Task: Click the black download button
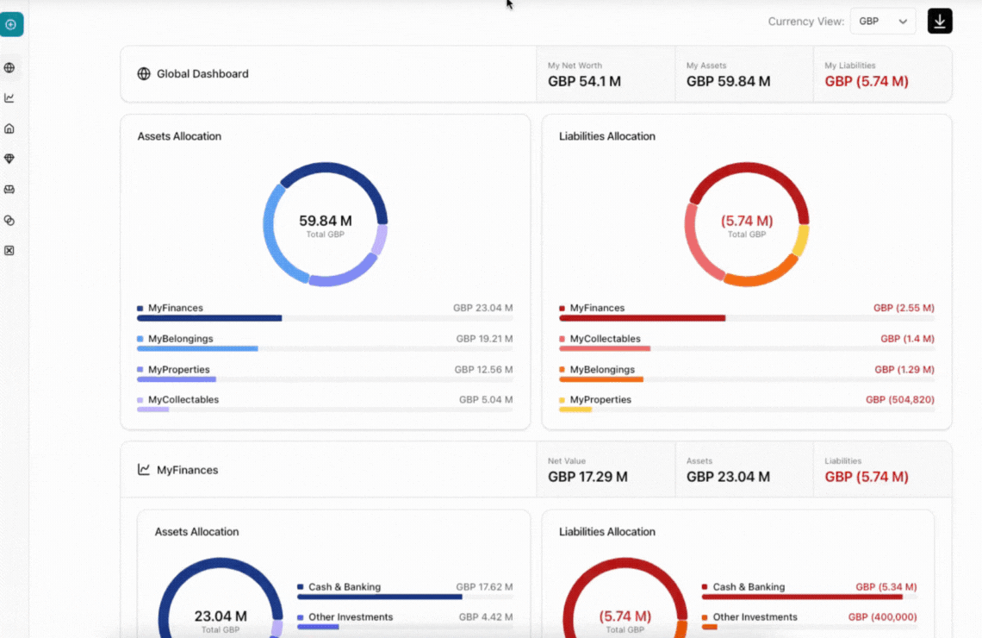tap(940, 21)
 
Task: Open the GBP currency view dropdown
tap(882, 22)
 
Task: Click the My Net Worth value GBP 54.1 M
tap(584, 82)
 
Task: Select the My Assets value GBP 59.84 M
tap(728, 82)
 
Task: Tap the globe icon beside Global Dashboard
tap(144, 74)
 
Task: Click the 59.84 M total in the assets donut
tap(325, 221)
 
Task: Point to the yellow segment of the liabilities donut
tap(800, 241)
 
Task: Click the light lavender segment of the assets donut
tap(379, 241)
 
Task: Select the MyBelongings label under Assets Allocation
tap(180, 339)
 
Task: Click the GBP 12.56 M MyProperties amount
tap(483, 370)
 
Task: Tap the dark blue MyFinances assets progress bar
tap(209, 318)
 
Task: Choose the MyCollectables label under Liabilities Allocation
tap(605, 339)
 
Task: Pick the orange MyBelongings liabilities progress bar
tap(600, 379)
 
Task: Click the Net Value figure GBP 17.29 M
tap(587, 477)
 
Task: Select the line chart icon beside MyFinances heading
tap(144, 470)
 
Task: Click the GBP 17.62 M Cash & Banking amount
tap(484, 587)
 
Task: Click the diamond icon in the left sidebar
tap(9, 159)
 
